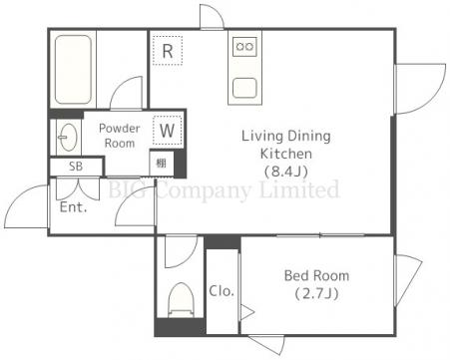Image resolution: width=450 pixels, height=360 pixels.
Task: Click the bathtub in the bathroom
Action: click(x=73, y=70)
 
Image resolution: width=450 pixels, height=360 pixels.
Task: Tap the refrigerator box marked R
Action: click(x=168, y=51)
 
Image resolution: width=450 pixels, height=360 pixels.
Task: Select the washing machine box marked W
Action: click(x=168, y=131)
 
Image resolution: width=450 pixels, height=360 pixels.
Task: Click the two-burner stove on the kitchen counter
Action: click(x=244, y=47)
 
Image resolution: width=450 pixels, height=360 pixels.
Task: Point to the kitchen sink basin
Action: click(x=244, y=88)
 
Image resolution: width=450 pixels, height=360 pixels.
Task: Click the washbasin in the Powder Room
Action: click(x=68, y=137)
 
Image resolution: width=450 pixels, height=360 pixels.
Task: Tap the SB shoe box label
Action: click(x=76, y=167)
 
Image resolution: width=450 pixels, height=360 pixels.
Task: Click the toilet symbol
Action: click(x=181, y=300)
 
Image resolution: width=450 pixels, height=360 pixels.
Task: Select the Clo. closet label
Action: click(x=222, y=291)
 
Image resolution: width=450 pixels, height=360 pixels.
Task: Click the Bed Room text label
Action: click(x=316, y=275)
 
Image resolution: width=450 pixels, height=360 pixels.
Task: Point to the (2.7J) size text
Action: click(x=316, y=294)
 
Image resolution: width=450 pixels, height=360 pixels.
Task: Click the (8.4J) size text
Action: click(x=286, y=172)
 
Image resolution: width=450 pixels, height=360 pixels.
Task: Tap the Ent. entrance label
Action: click(x=73, y=207)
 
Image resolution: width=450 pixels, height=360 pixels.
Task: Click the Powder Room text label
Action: click(x=120, y=136)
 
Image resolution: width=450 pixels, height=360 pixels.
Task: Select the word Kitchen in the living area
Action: click(x=286, y=154)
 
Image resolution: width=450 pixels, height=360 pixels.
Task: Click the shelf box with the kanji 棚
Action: click(x=162, y=164)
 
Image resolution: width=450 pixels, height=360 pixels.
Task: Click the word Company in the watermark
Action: click(x=204, y=191)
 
